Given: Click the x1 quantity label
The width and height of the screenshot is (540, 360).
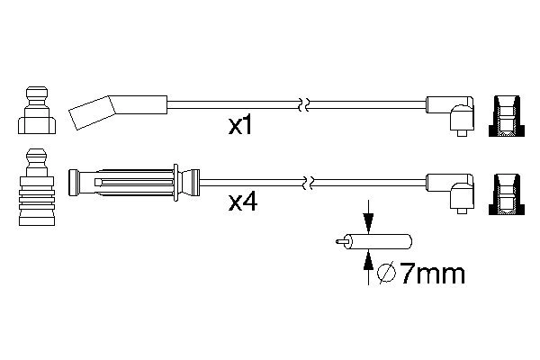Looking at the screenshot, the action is pyautogui.click(x=240, y=126).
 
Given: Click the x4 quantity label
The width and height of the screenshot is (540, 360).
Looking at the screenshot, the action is pyautogui.click(x=243, y=202).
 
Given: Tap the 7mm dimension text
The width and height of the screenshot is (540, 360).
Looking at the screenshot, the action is pyautogui.click(x=433, y=274).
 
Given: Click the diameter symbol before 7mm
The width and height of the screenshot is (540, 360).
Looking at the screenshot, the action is pyautogui.click(x=387, y=274).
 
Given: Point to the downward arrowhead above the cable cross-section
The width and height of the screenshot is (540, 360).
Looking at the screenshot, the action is pyautogui.click(x=368, y=222).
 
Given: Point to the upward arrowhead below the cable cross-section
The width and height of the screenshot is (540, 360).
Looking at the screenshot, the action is pyautogui.click(x=368, y=259).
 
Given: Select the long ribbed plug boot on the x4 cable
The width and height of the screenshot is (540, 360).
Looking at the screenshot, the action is pyautogui.click(x=134, y=183).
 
